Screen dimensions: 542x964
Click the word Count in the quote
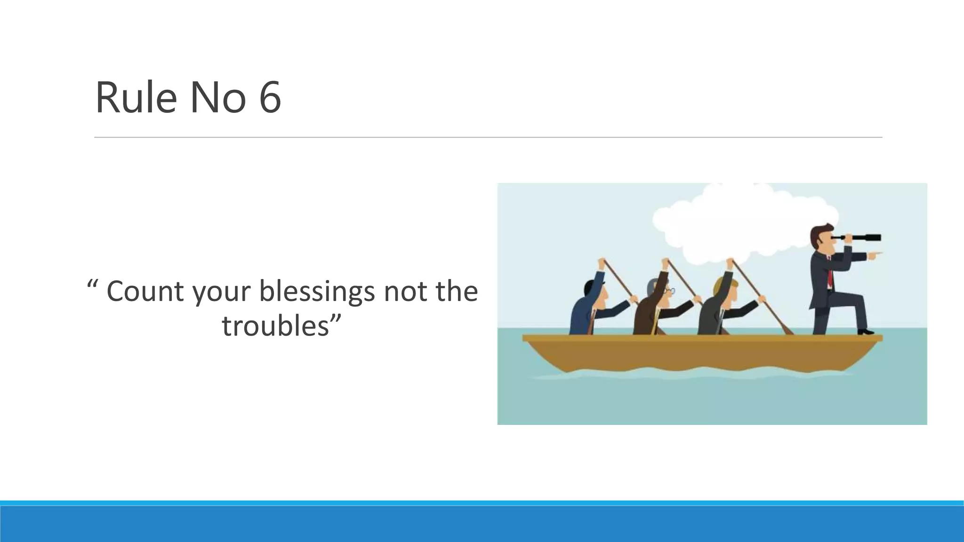pos(145,291)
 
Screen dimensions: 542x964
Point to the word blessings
pos(317,291)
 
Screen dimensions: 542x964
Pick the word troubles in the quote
pos(275,325)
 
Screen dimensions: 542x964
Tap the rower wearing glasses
pos(657,308)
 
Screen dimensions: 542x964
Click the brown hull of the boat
pos(701,355)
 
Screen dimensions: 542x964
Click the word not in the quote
pos(401,291)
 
